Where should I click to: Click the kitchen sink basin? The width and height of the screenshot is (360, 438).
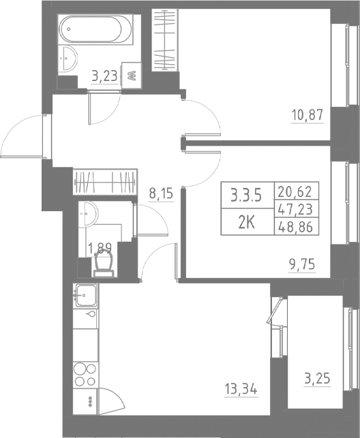[x=87, y=296]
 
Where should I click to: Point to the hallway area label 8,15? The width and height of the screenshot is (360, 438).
[x=161, y=193]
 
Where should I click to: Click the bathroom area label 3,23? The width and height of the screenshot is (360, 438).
[x=103, y=76]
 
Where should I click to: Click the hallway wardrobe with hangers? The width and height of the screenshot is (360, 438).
[x=105, y=182]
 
